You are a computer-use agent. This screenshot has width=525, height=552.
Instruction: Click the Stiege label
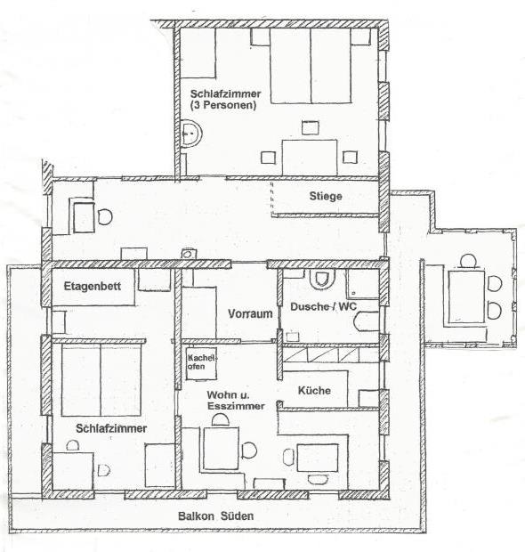(x=326, y=196)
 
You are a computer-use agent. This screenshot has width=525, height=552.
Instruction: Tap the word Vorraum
(x=250, y=313)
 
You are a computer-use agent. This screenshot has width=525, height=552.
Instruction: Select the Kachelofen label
(x=201, y=362)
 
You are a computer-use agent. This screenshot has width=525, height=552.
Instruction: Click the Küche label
(x=314, y=391)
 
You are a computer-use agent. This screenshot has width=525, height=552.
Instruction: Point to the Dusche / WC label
(x=323, y=306)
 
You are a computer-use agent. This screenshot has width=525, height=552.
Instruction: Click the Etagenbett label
(x=93, y=286)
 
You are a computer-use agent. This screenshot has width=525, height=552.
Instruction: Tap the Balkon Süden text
(x=215, y=516)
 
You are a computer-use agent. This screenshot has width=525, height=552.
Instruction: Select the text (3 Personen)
(x=223, y=105)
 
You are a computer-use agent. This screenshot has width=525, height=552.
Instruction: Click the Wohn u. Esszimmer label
(x=236, y=401)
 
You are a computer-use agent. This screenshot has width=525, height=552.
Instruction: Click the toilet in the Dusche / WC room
(x=321, y=279)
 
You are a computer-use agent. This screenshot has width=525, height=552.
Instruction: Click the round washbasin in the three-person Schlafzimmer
(x=191, y=133)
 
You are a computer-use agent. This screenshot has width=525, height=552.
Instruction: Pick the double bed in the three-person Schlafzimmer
(x=311, y=66)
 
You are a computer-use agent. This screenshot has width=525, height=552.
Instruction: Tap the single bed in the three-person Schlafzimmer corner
(x=198, y=53)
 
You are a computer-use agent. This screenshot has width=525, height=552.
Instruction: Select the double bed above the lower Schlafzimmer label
(x=101, y=380)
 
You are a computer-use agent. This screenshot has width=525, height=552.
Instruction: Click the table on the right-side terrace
(x=466, y=296)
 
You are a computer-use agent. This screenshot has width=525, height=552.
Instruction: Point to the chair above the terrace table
(x=468, y=261)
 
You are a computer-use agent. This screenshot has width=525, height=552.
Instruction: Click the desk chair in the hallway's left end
(x=105, y=217)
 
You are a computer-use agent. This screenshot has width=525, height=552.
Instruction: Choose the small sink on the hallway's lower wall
(x=189, y=254)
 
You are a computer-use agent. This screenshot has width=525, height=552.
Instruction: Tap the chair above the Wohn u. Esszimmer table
(x=221, y=420)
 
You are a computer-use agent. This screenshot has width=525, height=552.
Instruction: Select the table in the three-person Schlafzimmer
(x=310, y=158)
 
